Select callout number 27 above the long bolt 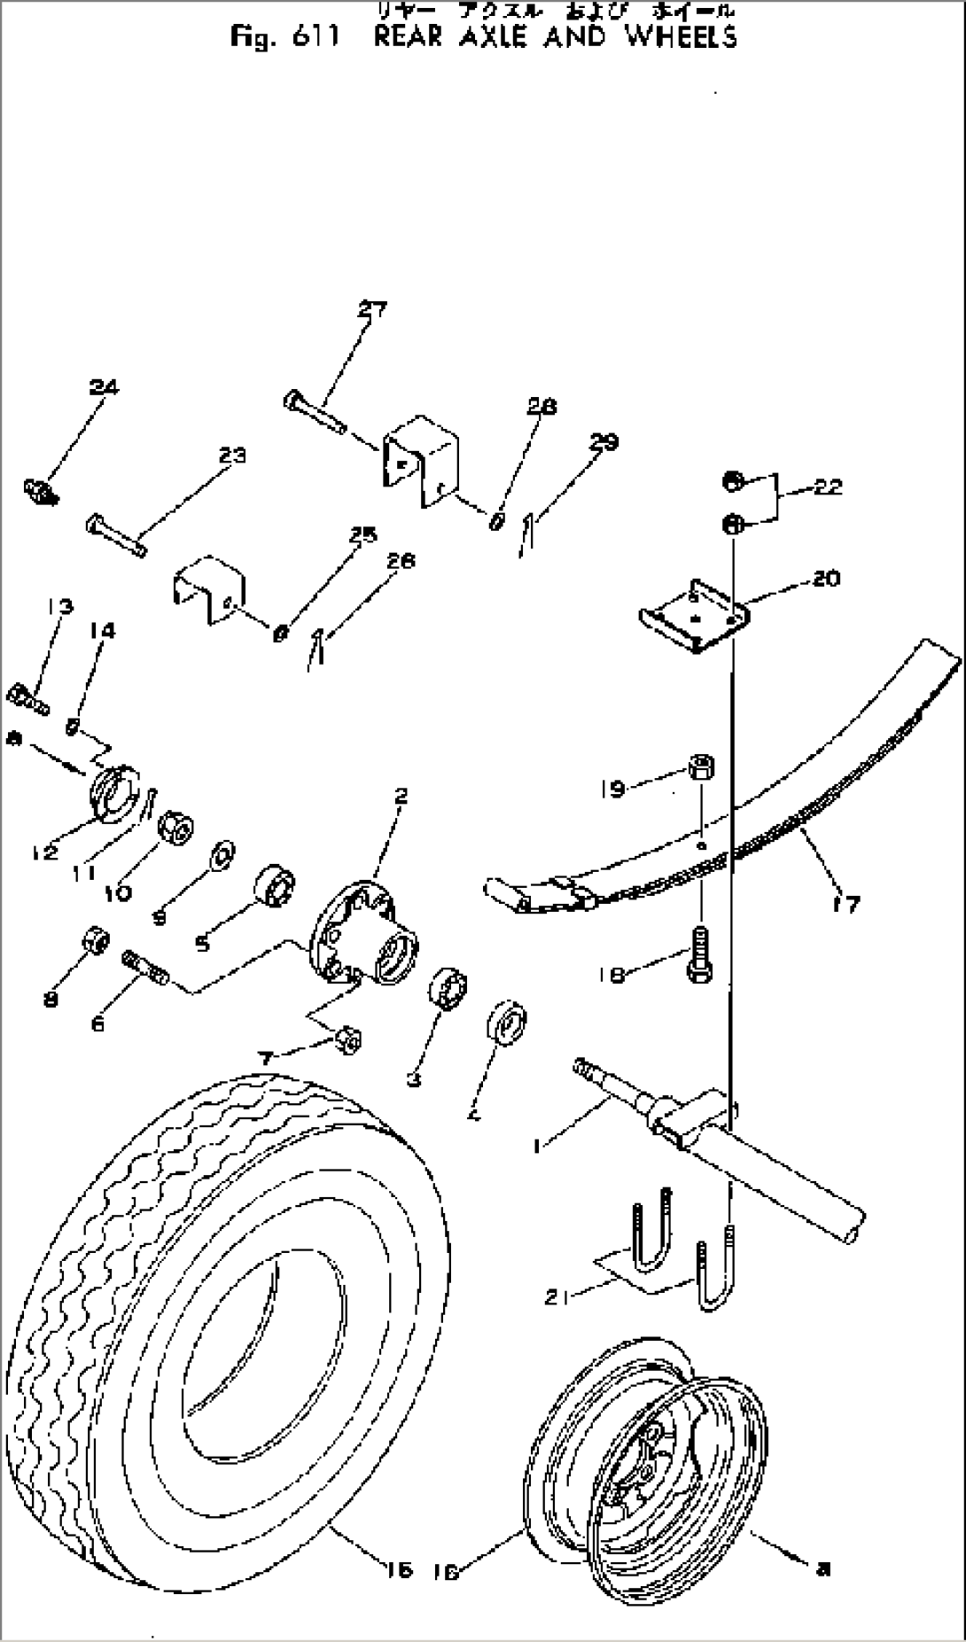(x=372, y=309)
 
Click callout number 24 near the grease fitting (x=104, y=387)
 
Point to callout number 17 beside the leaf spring (x=846, y=905)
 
